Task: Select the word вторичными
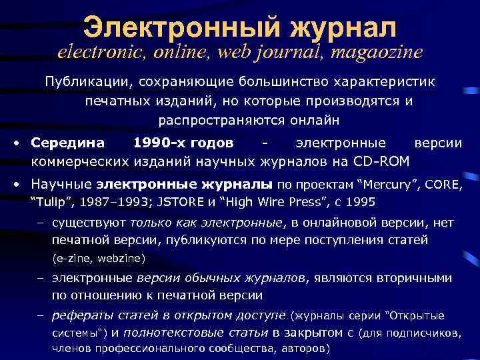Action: pyautogui.click(x=413, y=277)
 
